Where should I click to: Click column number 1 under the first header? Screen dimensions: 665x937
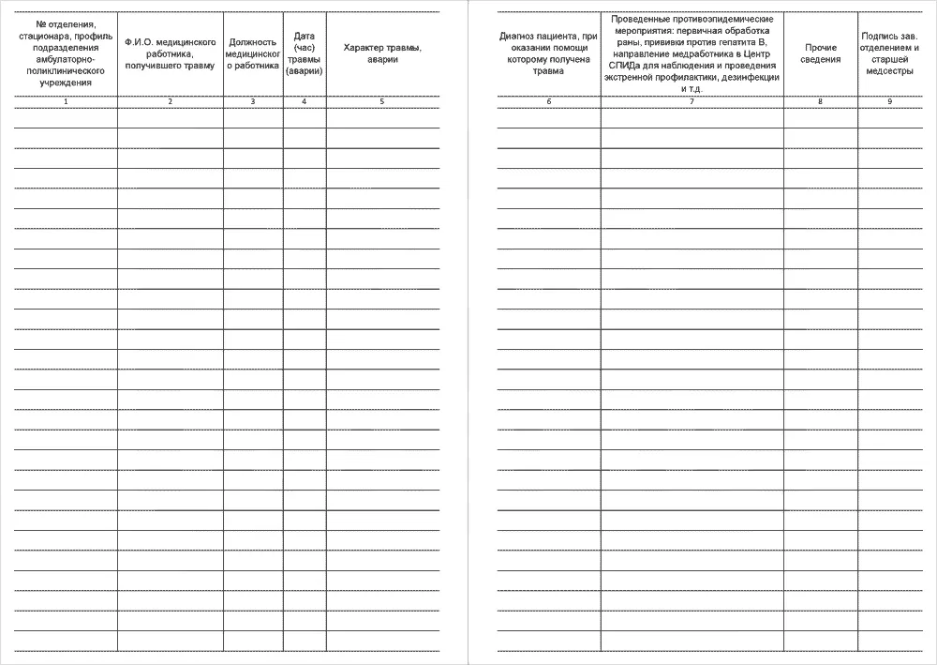66,101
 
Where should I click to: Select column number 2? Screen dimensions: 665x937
170,101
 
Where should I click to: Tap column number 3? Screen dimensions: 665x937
253,101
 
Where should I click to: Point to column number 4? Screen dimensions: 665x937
305,101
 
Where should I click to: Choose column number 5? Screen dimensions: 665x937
382,101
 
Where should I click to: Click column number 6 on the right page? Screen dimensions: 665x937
549,101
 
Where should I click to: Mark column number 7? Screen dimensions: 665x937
692,101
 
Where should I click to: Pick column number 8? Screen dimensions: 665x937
820,101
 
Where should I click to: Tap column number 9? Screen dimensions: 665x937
889,101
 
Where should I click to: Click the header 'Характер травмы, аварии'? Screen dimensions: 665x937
382,53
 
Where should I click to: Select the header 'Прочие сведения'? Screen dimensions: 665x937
820,53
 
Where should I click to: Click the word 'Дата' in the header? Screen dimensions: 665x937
305,37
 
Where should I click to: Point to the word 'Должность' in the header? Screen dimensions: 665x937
253,42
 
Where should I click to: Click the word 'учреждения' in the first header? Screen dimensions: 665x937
66,83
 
